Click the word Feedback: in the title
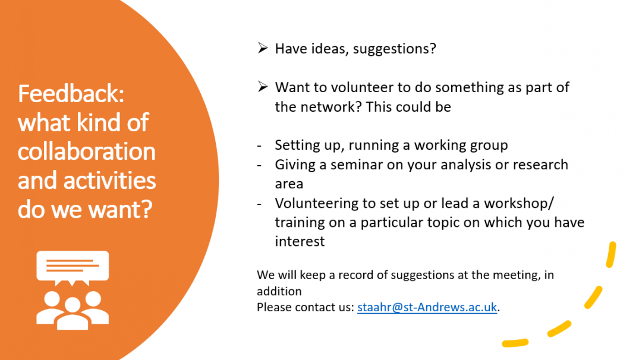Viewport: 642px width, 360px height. coord(71,94)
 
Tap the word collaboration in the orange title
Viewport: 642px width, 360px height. coord(86,151)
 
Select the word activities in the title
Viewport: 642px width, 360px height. coord(109,181)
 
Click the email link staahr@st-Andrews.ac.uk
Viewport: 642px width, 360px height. coord(427,307)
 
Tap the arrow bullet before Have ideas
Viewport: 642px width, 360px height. coord(263,48)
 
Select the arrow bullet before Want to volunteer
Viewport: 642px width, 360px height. coord(263,87)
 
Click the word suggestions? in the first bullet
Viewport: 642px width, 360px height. coord(394,49)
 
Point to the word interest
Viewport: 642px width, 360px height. coord(300,241)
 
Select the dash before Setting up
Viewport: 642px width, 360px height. coord(259,146)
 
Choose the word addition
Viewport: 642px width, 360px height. coord(279,291)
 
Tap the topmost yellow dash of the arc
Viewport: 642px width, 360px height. coord(611,254)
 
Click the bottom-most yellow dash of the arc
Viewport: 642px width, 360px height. coord(515,343)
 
